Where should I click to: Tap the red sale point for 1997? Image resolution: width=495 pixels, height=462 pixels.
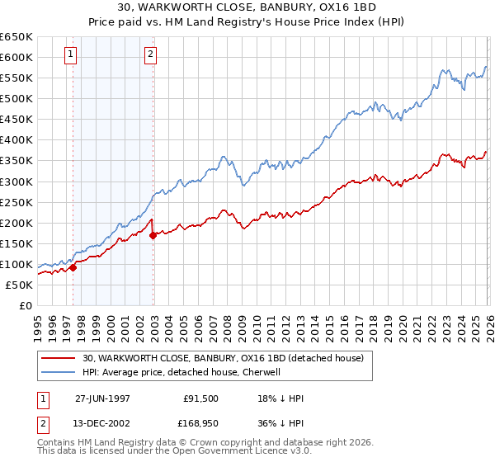73,267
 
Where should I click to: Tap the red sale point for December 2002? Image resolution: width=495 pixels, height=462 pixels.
153,235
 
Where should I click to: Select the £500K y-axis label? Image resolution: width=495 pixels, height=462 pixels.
16,99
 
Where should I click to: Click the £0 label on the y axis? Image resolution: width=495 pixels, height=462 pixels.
25,305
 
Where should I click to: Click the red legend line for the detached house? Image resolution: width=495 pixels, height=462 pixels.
59,358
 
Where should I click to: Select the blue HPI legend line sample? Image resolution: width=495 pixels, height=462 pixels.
59,372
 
